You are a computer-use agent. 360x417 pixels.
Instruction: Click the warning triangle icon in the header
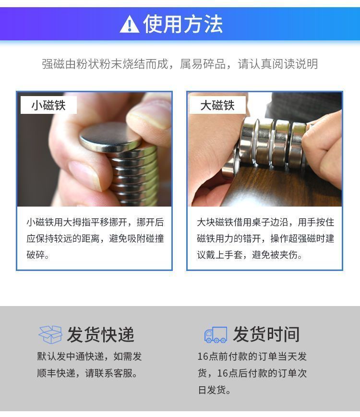tap(130, 24)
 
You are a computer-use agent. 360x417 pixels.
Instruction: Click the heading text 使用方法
tap(183, 24)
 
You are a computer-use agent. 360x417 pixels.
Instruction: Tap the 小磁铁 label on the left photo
tap(48, 105)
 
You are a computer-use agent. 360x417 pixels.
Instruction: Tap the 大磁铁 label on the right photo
tap(217, 105)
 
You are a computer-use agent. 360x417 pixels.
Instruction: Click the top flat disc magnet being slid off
tap(110, 137)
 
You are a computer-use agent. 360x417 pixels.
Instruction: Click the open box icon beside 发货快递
tap(50, 334)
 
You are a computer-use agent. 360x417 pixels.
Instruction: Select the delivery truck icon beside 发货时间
tap(216, 334)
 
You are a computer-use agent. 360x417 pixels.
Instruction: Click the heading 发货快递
tap(100, 334)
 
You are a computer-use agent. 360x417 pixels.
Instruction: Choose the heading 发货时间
tap(266, 334)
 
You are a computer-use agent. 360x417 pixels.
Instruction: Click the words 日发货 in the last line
tap(212, 390)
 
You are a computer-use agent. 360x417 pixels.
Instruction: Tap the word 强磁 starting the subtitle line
tap(53, 64)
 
